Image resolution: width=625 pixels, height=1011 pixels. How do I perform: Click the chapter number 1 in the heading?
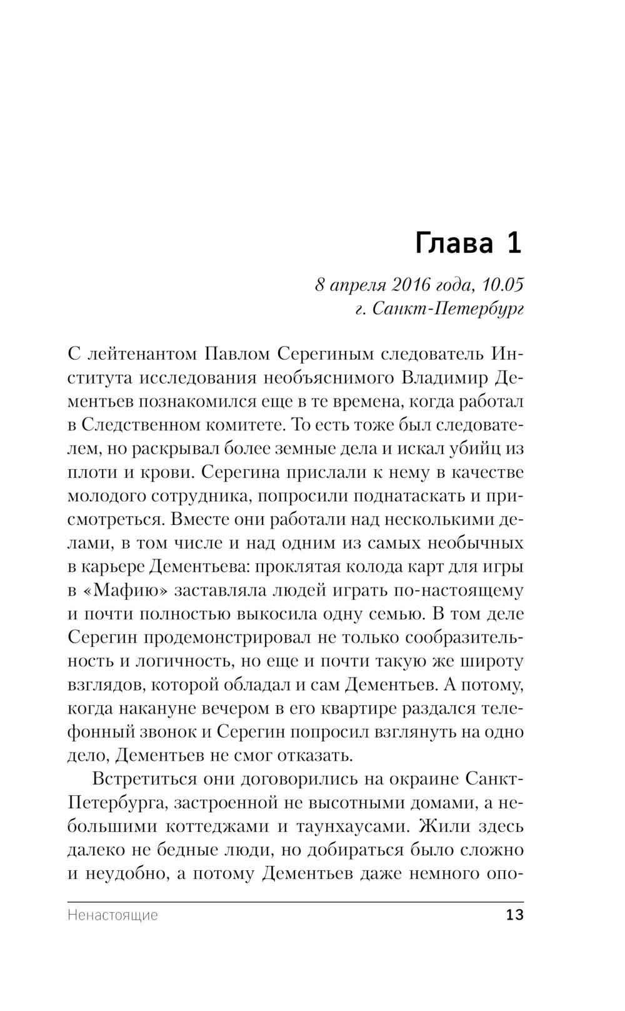pyautogui.click(x=514, y=244)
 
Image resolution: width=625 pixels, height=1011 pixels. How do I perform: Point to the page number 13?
pyautogui.click(x=515, y=915)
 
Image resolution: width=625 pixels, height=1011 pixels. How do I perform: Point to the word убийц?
pyautogui.click(x=481, y=449)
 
